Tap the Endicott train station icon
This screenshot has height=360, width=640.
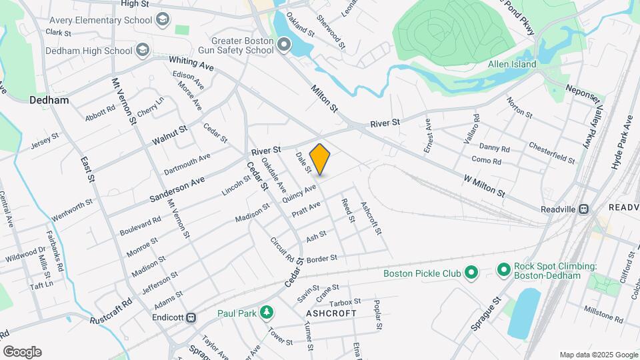pyautogui.click(x=192, y=317)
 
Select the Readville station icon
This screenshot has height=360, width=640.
pyautogui.click(x=584, y=208)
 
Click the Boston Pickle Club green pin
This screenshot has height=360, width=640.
pyautogui.click(x=471, y=273)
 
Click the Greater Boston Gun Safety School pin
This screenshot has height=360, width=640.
pyautogui.click(x=285, y=45)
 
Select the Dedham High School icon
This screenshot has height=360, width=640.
pyautogui.click(x=142, y=50)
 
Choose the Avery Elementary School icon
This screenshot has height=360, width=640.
pyautogui.click(x=162, y=20)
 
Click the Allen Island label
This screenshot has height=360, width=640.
pyautogui.click(x=512, y=65)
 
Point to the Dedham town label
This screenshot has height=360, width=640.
pyautogui.click(x=49, y=100)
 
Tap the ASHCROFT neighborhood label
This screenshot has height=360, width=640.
pyautogui.click(x=331, y=313)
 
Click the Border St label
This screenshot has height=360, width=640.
pyautogui.click(x=323, y=258)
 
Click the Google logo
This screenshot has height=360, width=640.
pyautogui.click(x=22, y=351)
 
